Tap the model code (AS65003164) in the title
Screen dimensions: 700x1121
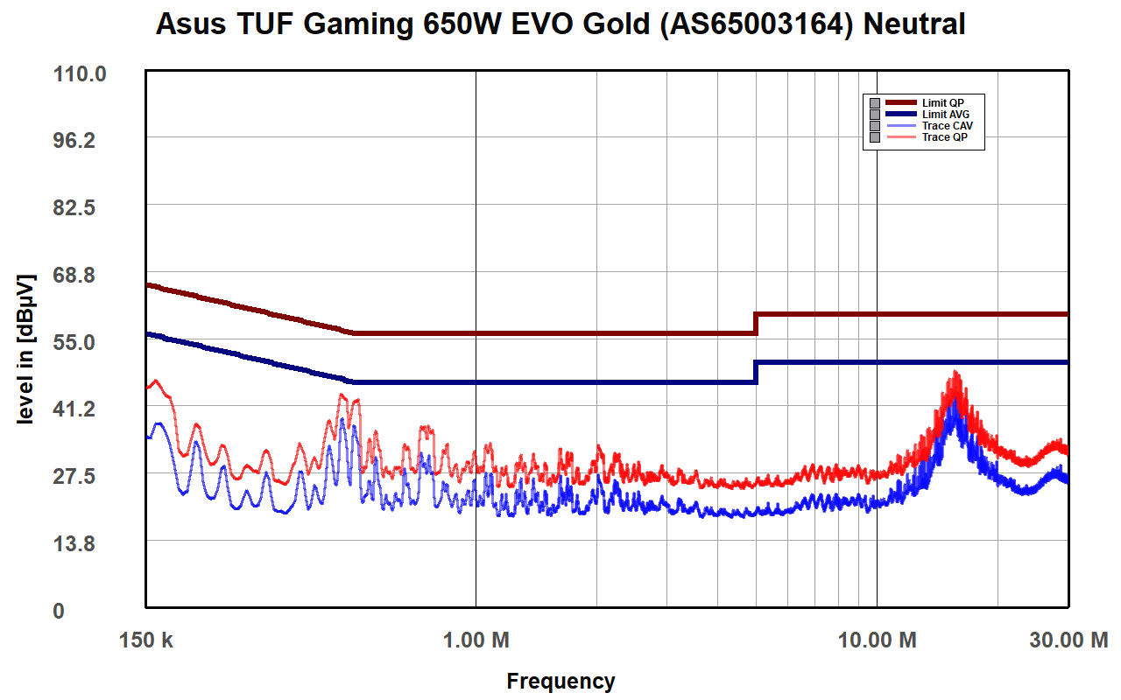click(x=757, y=24)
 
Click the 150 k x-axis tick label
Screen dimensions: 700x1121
click(x=145, y=640)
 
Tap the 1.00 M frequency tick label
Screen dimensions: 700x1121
click(x=476, y=640)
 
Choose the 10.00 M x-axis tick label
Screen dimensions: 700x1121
click(x=877, y=640)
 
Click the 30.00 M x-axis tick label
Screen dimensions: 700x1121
click(x=1068, y=640)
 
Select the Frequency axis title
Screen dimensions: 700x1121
click(x=560, y=681)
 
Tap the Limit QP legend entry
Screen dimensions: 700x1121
click(x=942, y=103)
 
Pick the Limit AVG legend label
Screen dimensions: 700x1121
click(x=945, y=115)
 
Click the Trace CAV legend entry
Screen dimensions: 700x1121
click(x=947, y=126)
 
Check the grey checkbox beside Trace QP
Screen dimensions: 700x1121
click(x=874, y=137)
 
